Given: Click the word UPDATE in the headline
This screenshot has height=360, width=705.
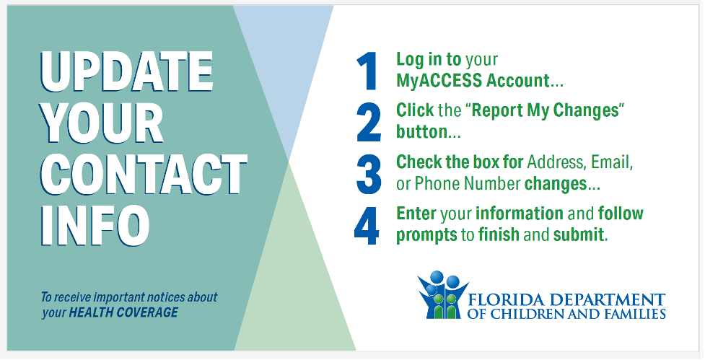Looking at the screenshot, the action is pyautogui.click(x=127, y=72).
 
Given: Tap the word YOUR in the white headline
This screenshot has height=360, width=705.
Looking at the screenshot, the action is pyautogui.click(x=102, y=123).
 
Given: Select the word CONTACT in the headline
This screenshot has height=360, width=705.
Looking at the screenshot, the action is pyautogui.click(x=144, y=174).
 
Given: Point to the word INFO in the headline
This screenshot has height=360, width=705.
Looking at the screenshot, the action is pyautogui.click(x=95, y=224).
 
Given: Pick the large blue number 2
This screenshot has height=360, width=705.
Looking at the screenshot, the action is pyautogui.click(x=369, y=122).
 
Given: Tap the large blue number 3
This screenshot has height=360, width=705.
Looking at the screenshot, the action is pyautogui.click(x=369, y=174).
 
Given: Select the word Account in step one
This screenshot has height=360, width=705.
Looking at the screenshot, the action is pyautogui.click(x=518, y=81).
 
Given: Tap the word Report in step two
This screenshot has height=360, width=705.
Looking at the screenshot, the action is pyautogui.click(x=499, y=111).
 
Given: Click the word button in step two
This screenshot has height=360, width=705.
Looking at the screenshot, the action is pyautogui.click(x=421, y=132).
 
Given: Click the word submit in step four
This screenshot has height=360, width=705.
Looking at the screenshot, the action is pyautogui.click(x=579, y=235).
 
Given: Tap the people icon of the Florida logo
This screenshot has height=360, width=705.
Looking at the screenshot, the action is pyautogui.click(x=442, y=295).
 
